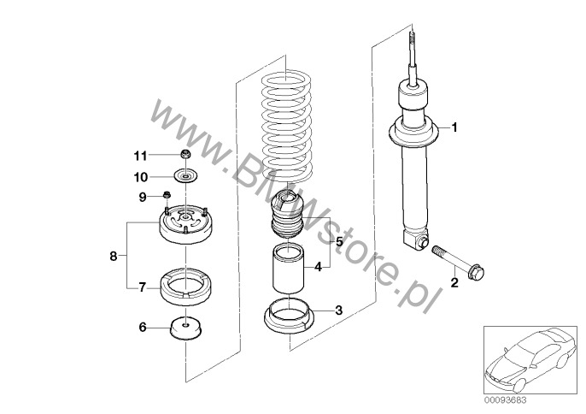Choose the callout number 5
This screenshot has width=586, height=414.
338,242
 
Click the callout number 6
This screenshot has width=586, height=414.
143,326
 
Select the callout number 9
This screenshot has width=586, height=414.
143,198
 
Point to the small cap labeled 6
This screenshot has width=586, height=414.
185,328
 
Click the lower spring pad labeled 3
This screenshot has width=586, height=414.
288,319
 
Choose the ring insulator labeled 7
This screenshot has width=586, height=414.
185,286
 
